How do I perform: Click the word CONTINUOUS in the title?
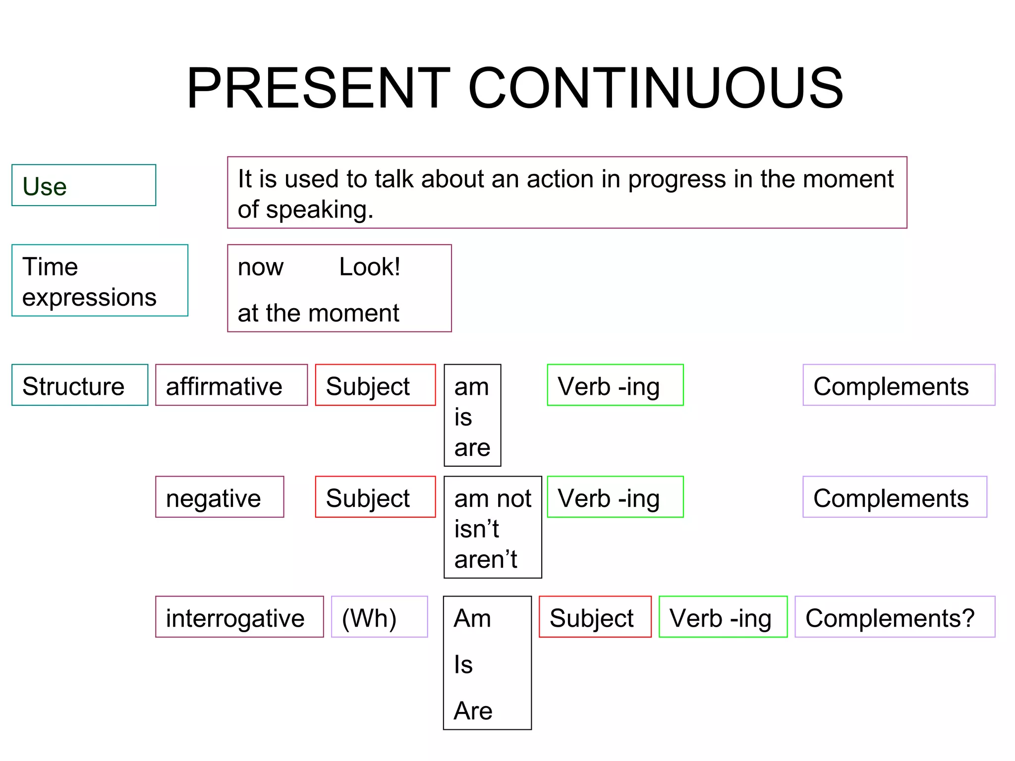click(655, 88)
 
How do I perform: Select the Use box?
click(83, 185)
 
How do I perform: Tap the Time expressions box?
click(100, 280)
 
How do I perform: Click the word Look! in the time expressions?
click(370, 268)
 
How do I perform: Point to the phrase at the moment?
click(318, 313)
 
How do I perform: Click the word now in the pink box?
click(260, 268)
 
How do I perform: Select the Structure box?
click(80, 385)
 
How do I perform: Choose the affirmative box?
click(231, 385)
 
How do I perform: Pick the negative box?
click(219, 497)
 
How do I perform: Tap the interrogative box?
click(239, 617)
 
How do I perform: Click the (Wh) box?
click(379, 617)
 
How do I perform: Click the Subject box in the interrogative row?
click(595, 617)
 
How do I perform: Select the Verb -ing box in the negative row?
click(615, 497)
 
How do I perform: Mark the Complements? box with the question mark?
click(895, 617)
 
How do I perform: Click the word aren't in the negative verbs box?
click(486, 559)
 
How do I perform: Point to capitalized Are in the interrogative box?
click(473, 710)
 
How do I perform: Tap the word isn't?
click(476, 529)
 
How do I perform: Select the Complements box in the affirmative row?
click(899, 385)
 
